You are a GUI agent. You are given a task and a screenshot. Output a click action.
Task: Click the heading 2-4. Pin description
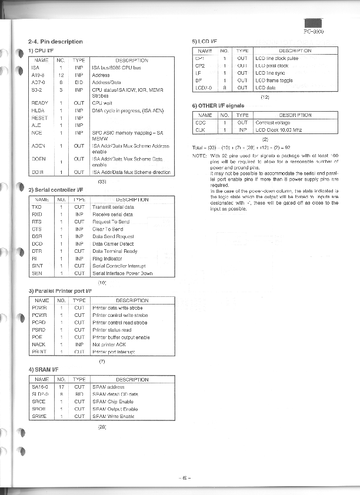55,42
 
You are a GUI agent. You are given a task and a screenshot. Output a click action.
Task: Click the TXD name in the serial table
36,208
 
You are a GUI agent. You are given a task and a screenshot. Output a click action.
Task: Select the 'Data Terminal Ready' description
115,251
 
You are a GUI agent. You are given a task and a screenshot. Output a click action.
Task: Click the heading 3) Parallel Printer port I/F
61,291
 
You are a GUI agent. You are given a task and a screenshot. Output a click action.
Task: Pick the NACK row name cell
38,345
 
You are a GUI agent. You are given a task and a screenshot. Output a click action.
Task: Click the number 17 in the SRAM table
62,387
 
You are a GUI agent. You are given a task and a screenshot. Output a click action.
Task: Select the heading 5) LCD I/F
205,42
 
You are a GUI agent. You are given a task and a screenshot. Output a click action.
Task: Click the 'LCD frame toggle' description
275,80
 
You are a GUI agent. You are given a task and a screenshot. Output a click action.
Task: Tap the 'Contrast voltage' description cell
272,123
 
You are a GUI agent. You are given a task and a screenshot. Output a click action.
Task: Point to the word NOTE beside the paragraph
199,155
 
